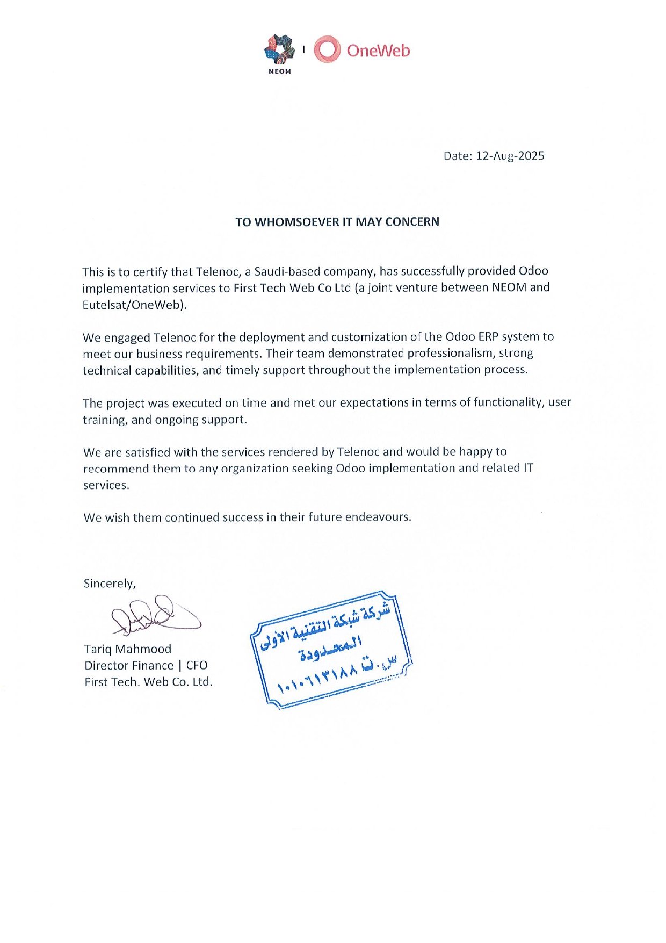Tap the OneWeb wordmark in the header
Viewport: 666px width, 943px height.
point(378,51)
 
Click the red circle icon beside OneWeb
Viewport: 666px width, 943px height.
point(327,49)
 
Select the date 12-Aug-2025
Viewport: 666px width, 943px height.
point(510,156)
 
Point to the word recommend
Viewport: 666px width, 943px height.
point(115,469)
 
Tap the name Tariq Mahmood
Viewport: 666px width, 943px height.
point(128,649)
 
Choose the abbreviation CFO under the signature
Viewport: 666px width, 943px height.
point(197,665)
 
